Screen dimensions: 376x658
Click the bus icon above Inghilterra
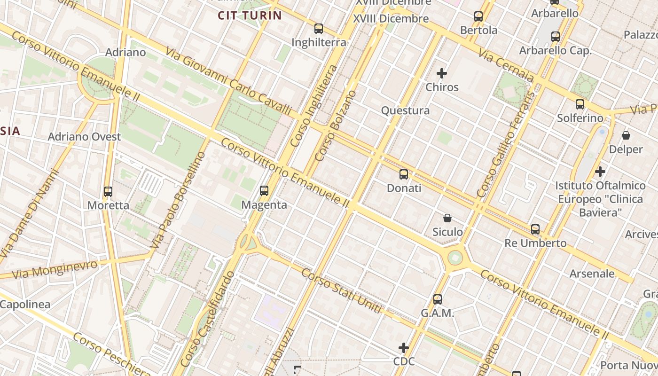[x=319, y=29]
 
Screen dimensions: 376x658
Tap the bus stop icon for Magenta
[x=264, y=191]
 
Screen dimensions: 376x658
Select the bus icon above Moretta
[x=108, y=192]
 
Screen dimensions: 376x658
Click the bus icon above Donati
[x=404, y=174]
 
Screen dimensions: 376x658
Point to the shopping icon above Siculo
[x=447, y=218]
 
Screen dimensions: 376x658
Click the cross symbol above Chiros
[x=442, y=73]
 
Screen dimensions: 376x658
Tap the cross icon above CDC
[x=404, y=348]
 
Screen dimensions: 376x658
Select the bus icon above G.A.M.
[x=438, y=299]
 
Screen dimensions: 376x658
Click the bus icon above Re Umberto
[x=535, y=229]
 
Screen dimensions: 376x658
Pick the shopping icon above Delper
[x=626, y=135]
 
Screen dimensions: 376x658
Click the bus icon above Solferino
[x=580, y=104]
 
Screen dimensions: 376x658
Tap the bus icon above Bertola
[x=478, y=16]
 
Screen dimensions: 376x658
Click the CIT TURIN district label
[x=250, y=16]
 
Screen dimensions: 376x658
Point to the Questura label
[x=405, y=110]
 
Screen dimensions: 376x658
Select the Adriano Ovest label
[x=85, y=137]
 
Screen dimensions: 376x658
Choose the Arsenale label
[x=592, y=274]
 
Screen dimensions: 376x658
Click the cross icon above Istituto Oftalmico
[x=600, y=172]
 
